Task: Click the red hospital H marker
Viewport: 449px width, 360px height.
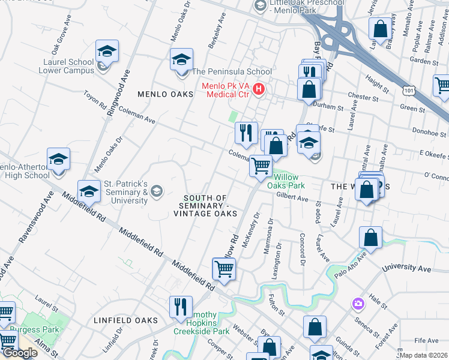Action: [x=259, y=89]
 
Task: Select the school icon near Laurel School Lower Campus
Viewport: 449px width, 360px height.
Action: [x=107, y=52]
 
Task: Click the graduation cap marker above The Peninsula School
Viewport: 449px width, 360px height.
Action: [x=181, y=60]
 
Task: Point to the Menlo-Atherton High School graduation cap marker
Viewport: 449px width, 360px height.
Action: [x=59, y=160]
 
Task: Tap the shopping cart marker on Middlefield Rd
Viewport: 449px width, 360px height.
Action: [x=224, y=269]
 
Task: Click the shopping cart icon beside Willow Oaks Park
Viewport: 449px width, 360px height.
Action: [x=261, y=166]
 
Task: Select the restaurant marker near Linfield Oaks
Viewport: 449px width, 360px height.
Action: [x=181, y=307]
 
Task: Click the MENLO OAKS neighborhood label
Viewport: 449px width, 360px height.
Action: [x=166, y=94]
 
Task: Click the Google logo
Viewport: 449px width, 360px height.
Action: [x=20, y=353]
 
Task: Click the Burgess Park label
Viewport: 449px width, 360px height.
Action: [x=33, y=329]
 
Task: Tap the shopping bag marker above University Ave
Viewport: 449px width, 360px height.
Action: [x=371, y=238]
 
